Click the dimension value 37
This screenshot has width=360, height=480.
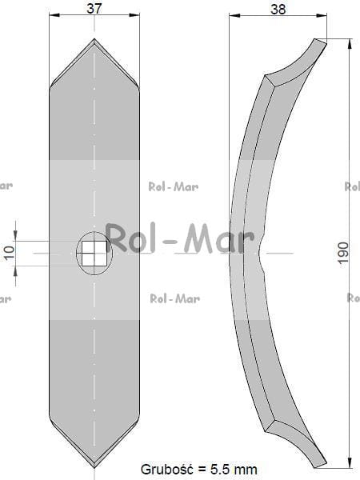point(94,8)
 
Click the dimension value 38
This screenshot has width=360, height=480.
point(278,9)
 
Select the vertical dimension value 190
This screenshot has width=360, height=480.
point(343,253)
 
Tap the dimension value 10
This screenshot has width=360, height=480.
point(9,253)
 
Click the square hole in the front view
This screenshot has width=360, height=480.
point(94,253)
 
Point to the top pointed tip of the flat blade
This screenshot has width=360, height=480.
point(94,39)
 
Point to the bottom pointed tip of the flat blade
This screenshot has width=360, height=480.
point(94,467)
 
